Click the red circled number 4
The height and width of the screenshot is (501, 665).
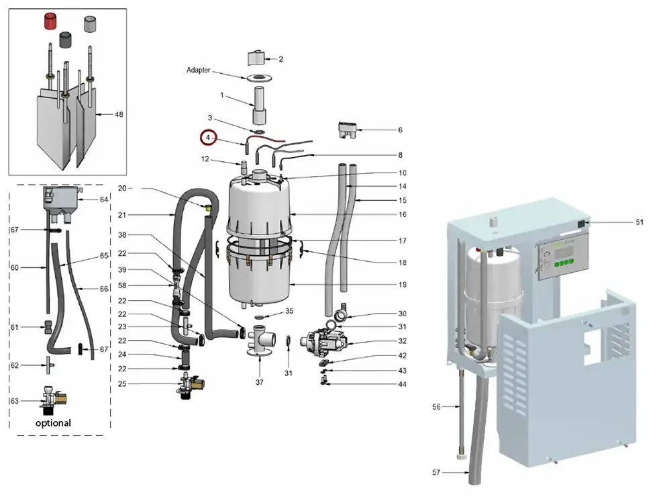(208, 138)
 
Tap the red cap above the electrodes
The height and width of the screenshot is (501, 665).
(50, 21)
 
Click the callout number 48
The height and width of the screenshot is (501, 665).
(119, 115)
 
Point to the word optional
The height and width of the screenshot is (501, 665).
(53, 423)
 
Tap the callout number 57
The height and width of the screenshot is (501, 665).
(436, 473)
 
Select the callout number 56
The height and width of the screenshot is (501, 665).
(436, 406)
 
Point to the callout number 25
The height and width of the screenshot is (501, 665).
(121, 383)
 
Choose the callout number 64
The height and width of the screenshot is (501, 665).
(104, 199)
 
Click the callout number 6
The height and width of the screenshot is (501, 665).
(400, 130)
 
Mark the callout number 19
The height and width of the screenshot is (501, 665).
(402, 285)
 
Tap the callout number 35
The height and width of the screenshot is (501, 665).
(289, 311)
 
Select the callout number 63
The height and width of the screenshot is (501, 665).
(14, 401)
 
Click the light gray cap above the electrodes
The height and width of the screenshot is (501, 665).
(90, 25)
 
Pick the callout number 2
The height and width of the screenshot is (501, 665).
(280, 59)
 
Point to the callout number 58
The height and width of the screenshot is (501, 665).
(121, 285)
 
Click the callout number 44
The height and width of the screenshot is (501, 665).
(402, 384)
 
